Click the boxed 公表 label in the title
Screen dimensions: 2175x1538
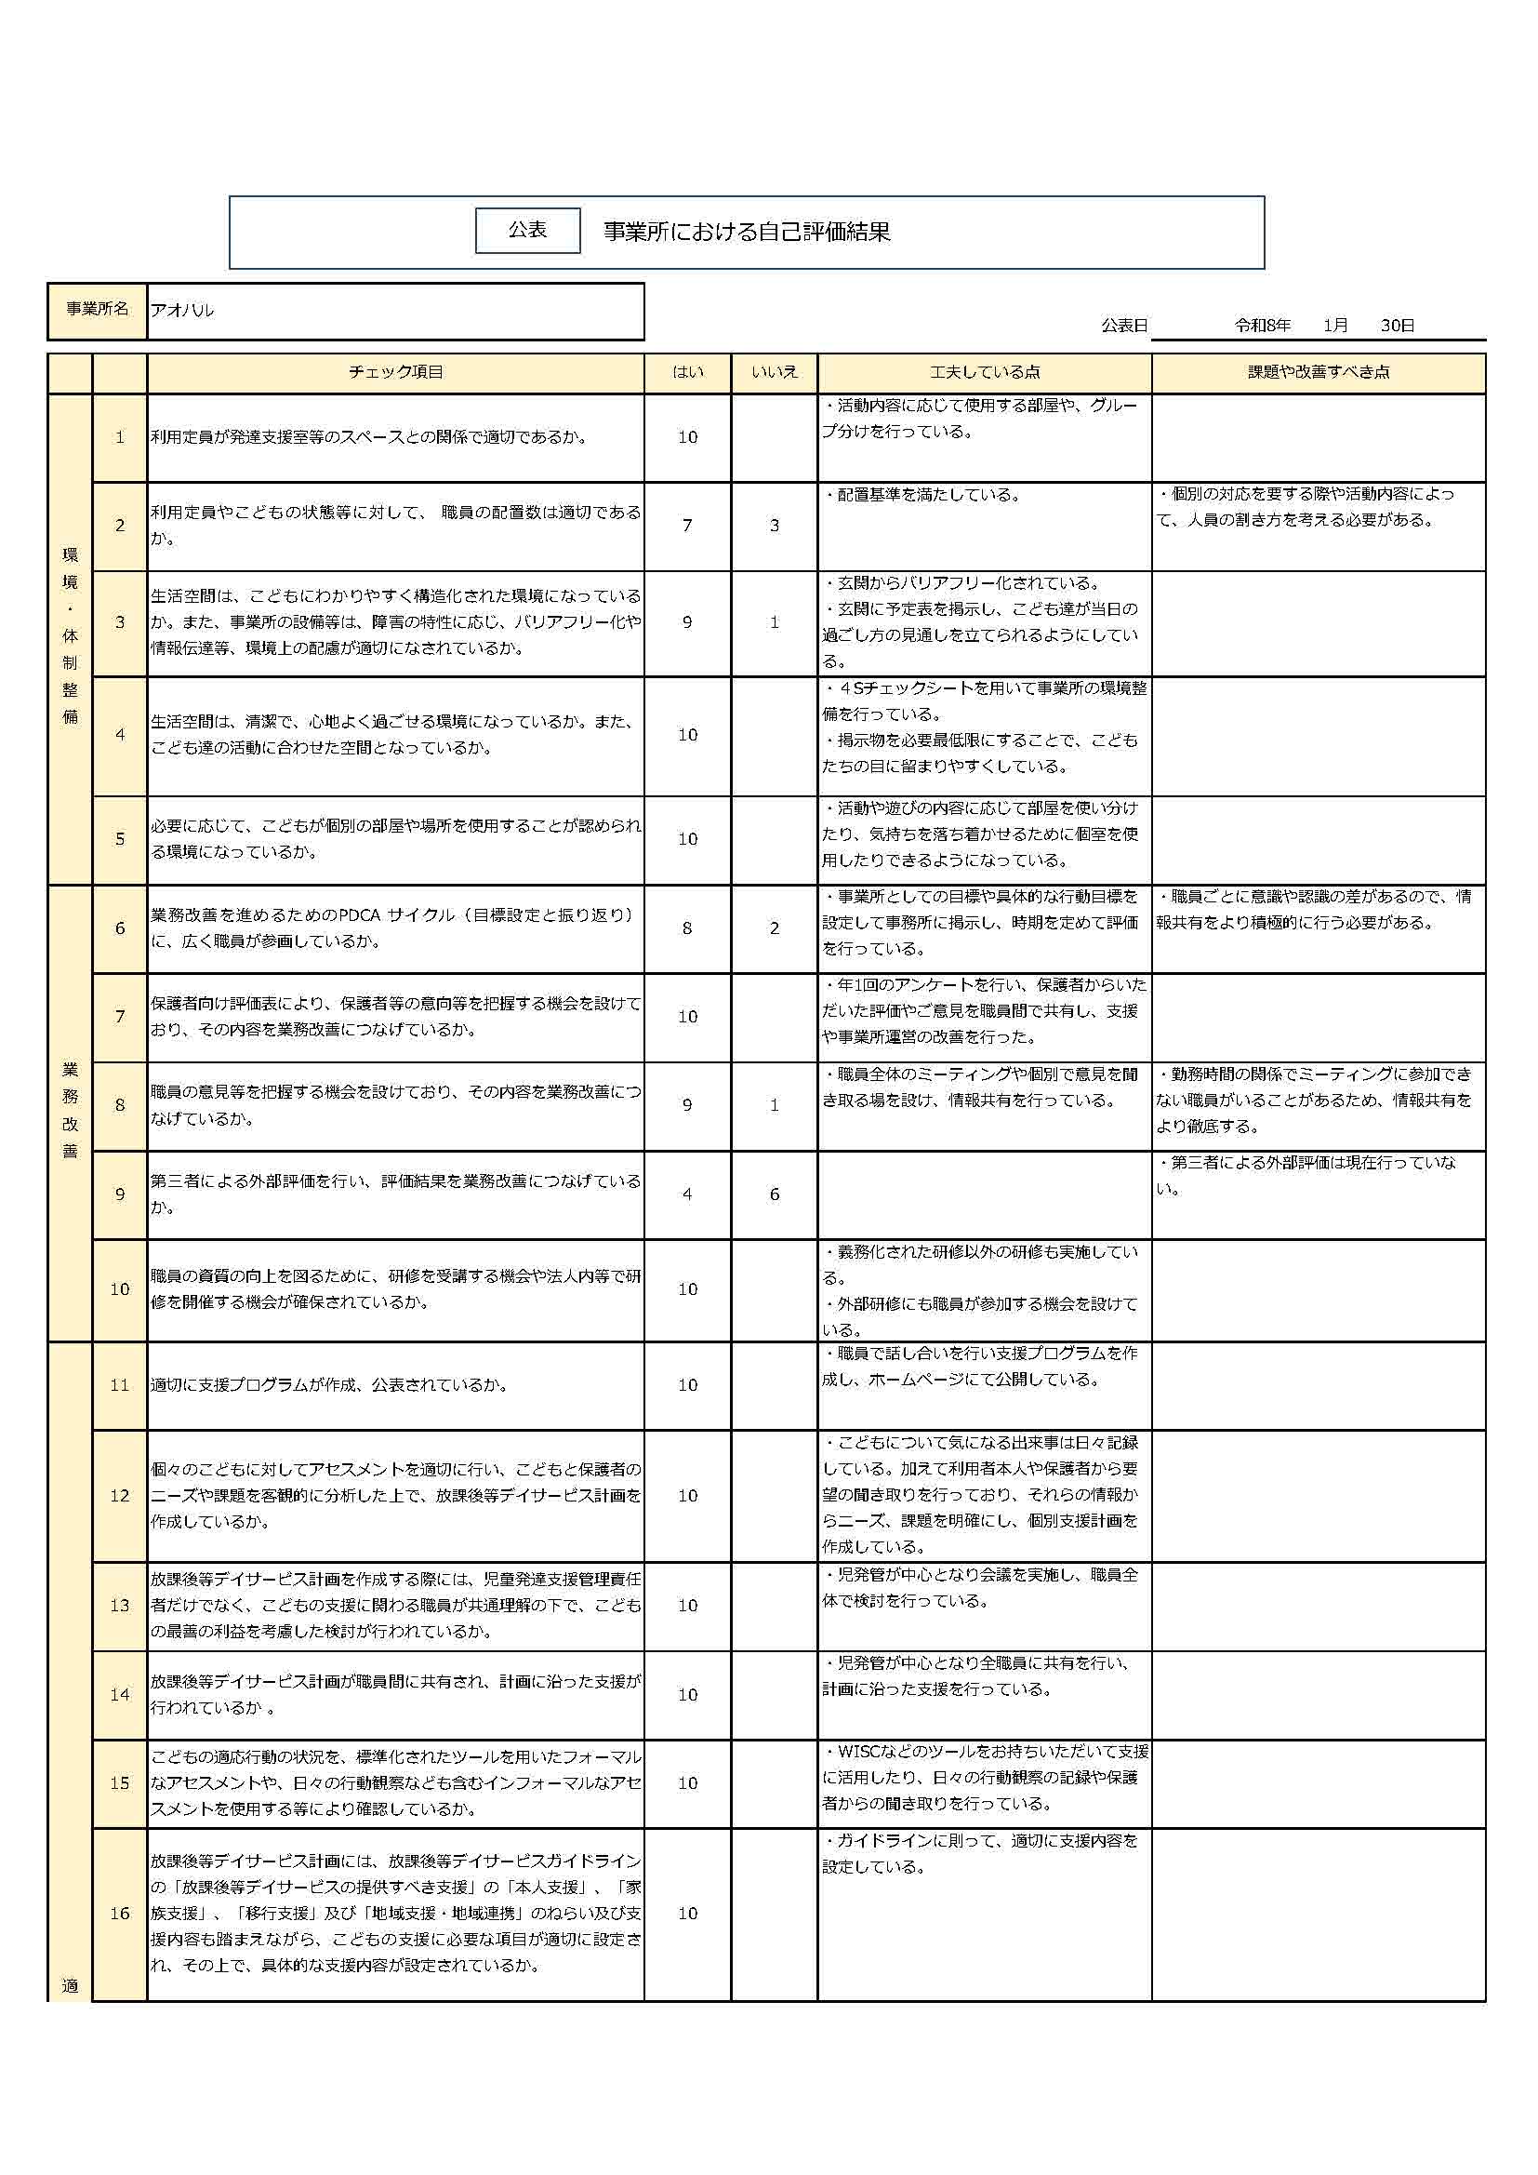point(527,230)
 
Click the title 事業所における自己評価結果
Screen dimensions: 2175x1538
point(747,232)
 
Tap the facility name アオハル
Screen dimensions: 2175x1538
point(183,310)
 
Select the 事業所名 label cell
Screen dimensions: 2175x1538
point(97,310)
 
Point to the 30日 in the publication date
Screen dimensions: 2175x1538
point(1397,326)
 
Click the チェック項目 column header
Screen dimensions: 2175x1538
point(395,372)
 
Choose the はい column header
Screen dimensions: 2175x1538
point(687,372)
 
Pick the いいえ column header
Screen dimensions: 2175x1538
point(774,372)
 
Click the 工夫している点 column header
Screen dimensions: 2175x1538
point(984,372)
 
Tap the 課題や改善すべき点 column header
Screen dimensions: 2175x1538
point(1319,372)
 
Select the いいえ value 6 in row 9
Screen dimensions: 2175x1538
point(774,1194)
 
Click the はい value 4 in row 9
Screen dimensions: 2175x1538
point(687,1194)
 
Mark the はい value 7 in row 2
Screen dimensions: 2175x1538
point(687,526)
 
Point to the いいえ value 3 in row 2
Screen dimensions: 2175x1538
point(774,526)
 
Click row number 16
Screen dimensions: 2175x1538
point(119,1914)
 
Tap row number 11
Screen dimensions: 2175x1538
point(119,1385)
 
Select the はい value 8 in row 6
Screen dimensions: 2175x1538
point(687,928)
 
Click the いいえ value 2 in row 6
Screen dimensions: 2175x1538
point(774,928)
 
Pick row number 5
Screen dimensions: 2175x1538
point(119,839)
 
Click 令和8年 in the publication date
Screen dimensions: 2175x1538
point(1263,326)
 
